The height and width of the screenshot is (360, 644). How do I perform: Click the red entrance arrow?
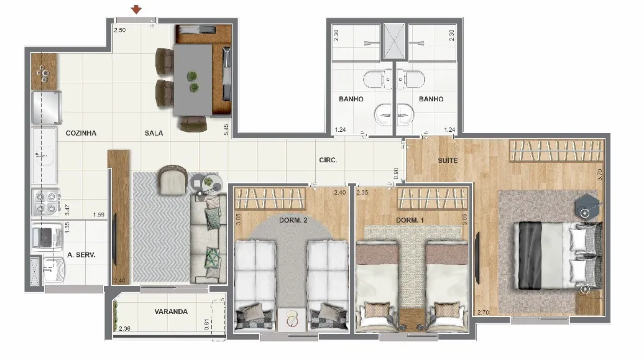click(136, 9)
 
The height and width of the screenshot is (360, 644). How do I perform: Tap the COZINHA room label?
click(81, 133)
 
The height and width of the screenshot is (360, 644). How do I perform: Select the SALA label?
click(154, 133)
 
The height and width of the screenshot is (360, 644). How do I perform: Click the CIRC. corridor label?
click(328, 160)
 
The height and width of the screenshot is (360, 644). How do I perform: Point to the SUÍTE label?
click(448, 160)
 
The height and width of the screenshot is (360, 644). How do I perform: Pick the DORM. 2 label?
click(293, 220)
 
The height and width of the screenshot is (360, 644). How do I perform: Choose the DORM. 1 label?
click(410, 220)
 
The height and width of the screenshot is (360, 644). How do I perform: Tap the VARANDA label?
click(171, 312)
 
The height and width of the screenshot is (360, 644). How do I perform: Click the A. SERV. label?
click(81, 255)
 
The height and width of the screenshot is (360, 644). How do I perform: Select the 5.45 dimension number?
click(226, 129)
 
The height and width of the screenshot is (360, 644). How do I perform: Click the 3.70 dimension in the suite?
click(600, 175)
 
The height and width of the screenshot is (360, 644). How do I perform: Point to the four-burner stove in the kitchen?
click(46, 202)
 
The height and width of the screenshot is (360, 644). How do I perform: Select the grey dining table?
click(193, 80)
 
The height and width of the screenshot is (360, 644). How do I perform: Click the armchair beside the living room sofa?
click(173, 180)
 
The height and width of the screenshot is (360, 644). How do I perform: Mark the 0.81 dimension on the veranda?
click(206, 324)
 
